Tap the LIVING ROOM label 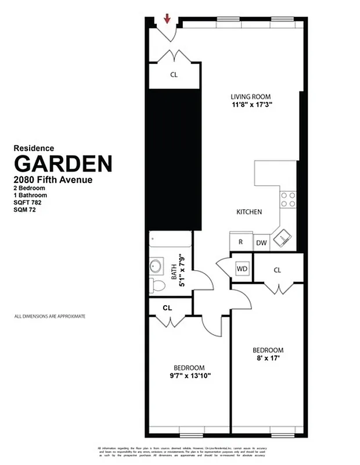pos(250,96)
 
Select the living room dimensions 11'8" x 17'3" pos(250,105)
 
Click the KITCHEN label pos(249,212)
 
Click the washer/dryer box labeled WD pos(242,269)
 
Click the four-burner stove pos(288,199)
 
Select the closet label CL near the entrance pos(174,75)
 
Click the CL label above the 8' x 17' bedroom pos(277,270)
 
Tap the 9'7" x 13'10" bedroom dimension pos(189,375)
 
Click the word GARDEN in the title pos(63,163)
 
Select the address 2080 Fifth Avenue pos(53,180)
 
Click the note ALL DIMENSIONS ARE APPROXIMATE pos(49,316)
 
